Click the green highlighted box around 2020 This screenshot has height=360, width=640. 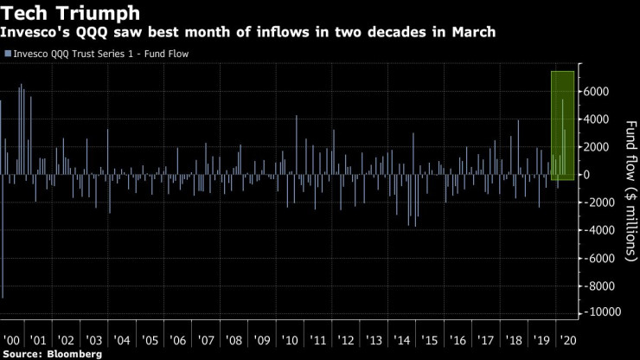563,125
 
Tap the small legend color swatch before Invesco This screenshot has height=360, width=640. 8,54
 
